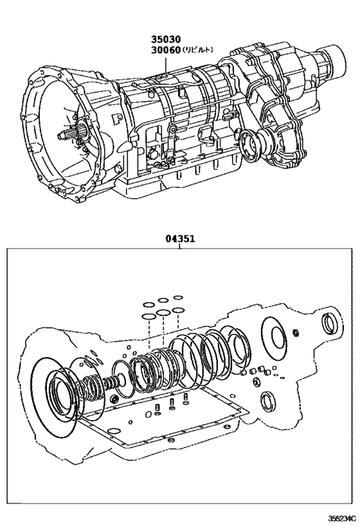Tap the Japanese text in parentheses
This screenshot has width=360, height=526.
click(197, 49)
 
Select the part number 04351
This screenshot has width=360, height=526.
click(180, 239)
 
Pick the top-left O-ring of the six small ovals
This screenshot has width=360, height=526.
click(148, 304)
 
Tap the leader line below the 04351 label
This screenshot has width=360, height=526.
click(180, 247)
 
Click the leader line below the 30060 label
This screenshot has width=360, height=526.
click(165, 65)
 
